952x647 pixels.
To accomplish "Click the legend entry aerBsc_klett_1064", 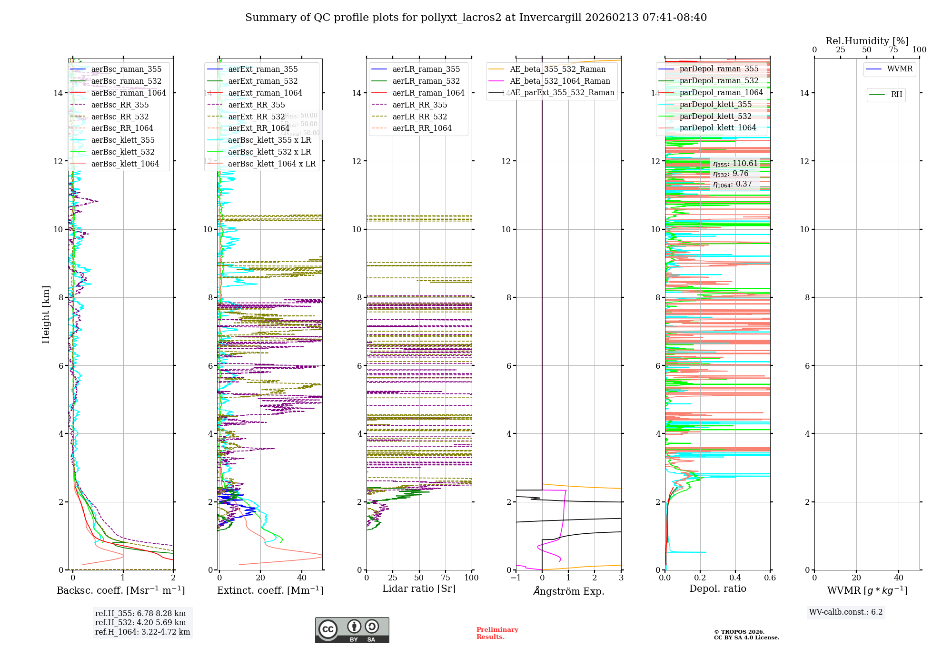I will coord(125,164).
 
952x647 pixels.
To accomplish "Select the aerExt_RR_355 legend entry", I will coord(257,105).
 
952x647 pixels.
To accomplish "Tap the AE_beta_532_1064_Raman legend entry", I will coord(560,81).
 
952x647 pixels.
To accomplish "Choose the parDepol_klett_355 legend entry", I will coord(715,104).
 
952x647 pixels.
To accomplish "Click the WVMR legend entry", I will coord(900,69).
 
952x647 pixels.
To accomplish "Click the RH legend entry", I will coord(896,95).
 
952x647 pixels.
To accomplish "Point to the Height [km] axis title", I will coord(46,314).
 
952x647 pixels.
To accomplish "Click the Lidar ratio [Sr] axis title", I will coord(419,588).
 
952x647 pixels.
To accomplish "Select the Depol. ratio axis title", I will coord(717,588).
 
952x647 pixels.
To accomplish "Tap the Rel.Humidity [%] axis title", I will coord(867,41).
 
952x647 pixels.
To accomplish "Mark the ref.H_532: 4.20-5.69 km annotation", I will coord(140,622).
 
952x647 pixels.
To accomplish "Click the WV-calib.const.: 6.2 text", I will coord(846,612).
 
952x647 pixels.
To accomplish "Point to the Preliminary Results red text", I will coord(497,633).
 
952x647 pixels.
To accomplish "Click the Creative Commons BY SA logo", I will coord(352,630).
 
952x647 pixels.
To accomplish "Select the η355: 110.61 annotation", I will coord(735,163).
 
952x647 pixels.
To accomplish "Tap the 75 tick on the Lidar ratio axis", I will coord(446,578).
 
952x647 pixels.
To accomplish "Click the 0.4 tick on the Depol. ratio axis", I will coord(735,578).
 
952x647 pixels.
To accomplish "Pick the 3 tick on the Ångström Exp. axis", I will coord(621,578).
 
